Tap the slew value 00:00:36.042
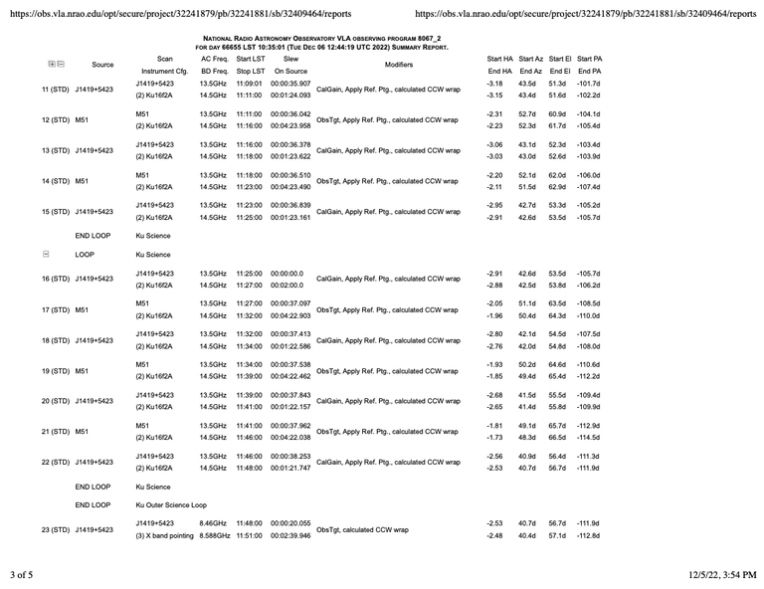coord(290,114)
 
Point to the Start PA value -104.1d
coord(590,114)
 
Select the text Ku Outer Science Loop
coord(171,505)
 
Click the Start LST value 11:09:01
coord(250,84)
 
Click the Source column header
coord(102,65)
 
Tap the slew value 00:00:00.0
coord(286,273)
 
